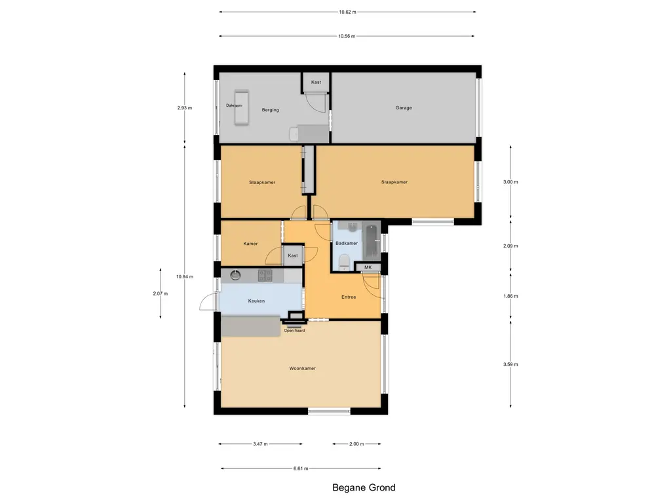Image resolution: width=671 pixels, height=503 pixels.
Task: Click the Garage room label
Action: point(404,108)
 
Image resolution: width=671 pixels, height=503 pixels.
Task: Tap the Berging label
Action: point(271,110)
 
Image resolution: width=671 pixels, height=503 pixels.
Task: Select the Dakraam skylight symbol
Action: point(241,107)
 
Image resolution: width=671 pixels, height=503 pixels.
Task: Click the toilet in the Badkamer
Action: point(344,262)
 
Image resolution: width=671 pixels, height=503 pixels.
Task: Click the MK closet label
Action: point(368,267)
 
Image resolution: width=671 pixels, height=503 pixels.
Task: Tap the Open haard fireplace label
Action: point(294,331)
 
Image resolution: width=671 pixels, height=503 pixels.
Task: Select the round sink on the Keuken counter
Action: point(235,275)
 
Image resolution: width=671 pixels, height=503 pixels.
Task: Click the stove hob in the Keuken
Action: point(265,276)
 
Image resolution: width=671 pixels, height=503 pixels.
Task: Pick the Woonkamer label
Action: point(303,368)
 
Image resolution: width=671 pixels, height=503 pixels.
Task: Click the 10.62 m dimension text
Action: point(347,12)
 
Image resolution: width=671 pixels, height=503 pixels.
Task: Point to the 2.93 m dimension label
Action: point(185,108)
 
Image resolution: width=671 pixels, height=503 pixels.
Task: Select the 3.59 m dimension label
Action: point(510,364)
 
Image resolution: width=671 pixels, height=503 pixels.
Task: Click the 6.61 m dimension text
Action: point(301,468)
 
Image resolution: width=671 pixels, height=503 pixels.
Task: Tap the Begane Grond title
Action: point(364,487)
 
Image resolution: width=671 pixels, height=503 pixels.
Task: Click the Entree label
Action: point(349,297)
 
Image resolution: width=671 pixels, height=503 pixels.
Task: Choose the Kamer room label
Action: point(250,244)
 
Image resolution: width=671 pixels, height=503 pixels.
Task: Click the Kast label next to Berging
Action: point(316,82)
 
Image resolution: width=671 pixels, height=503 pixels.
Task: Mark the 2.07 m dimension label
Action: point(161,293)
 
